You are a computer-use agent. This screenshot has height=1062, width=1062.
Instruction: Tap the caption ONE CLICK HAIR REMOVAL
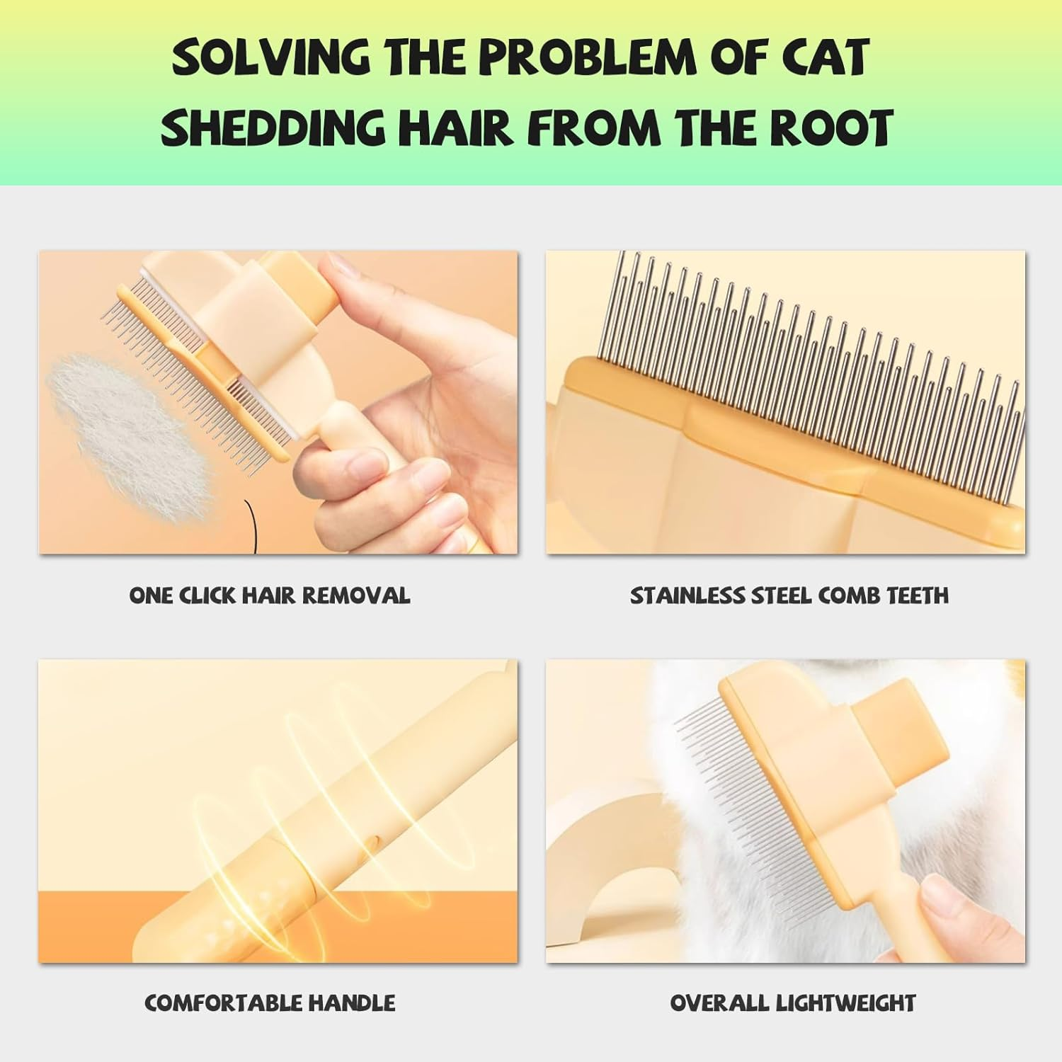[x=270, y=595]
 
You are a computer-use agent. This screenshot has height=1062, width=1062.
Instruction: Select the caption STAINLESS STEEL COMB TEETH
[x=789, y=595]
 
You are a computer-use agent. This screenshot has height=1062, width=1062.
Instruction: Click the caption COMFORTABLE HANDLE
[x=270, y=1003]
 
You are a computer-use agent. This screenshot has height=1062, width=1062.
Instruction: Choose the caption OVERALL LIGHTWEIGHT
[x=792, y=1003]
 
